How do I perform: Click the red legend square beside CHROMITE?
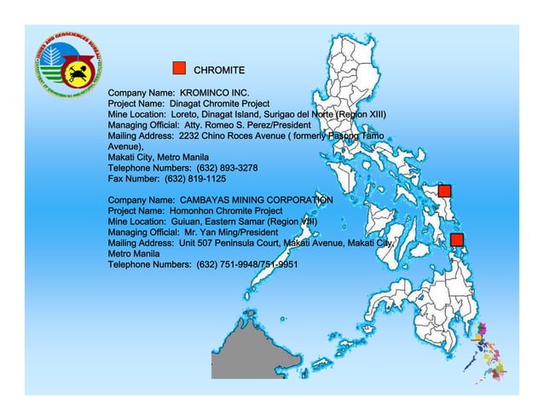[179, 68]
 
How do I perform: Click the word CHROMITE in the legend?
[219, 69]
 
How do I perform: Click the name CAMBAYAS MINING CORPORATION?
[256, 199]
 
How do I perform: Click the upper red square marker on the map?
[444, 191]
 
